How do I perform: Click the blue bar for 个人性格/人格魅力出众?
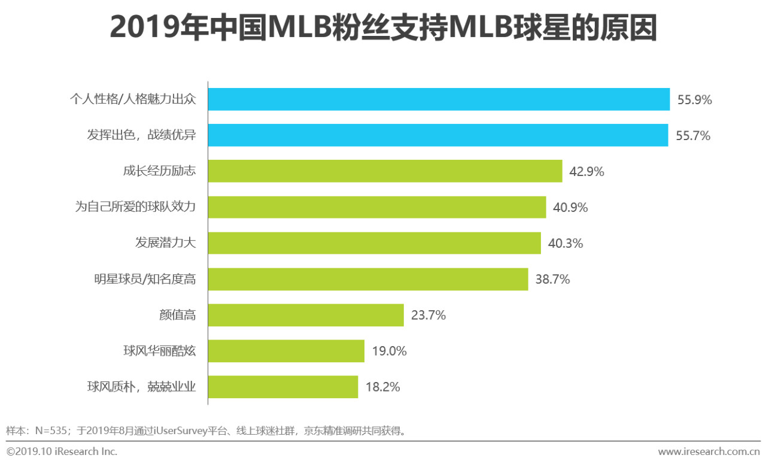coord(439,99)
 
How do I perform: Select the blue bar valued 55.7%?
coord(438,135)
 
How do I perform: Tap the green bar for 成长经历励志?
coord(385,171)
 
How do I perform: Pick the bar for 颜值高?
coord(306,315)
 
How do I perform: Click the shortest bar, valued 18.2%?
coord(283,387)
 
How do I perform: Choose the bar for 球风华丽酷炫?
coord(286,351)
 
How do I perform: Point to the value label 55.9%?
coord(694,100)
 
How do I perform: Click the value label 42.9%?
coord(586,172)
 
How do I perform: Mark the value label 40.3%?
coord(565,244)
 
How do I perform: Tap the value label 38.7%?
coord(552,280)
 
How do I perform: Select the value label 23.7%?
coord(428,316)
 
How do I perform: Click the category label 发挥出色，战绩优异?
coord(141,136)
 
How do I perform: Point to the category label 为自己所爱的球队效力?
coord(135,208)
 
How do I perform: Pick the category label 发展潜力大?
coord(165,244)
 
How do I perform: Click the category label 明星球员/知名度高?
coord(145,280)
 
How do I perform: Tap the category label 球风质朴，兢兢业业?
coord(141,387)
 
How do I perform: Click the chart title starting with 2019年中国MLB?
coord(383,28)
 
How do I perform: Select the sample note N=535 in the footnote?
coord(48,430)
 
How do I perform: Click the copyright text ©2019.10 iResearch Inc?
coord(62,451)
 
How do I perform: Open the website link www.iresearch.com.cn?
coord(709,451)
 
